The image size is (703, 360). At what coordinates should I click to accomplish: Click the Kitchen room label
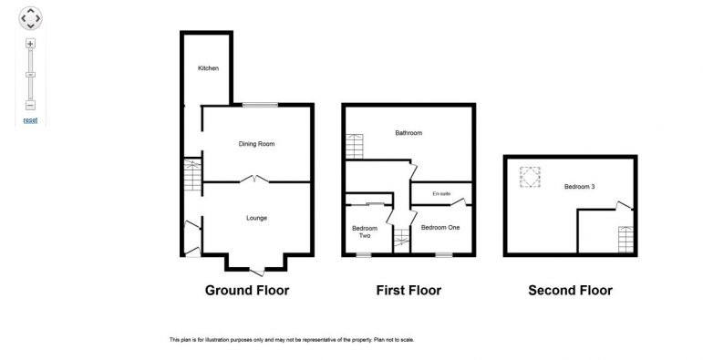pyautogui.click(x=209, y=68)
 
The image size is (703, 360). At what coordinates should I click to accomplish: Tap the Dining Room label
pyautogui.click(x=256, y=144)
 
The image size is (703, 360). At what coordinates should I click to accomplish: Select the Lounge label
pyautogui.click(x=256, y=218)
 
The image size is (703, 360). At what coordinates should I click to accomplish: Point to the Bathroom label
pyautogui.click(x=408, y=133)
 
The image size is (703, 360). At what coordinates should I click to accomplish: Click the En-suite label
pyautogui.click(x=441, y=194)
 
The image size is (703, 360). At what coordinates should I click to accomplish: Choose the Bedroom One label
pyautogui.click(x=440, y=227)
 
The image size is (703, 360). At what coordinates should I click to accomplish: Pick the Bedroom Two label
pyautogui.click(x=365, y=231)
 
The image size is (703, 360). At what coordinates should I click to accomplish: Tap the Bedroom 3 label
pyautogui.click(x=579, y=187)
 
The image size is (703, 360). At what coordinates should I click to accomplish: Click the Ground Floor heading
pyautogui.click(x=247, y=291)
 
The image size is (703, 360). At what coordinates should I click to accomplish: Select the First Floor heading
pyautogui.click(x=408, y=291)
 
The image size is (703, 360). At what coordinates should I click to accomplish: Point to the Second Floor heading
pyautogui.click(x=570, y=291)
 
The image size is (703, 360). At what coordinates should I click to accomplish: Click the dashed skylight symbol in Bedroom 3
pyautogui.click(x=530, y=177)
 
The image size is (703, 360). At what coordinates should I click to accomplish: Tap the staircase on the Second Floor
pyautogui.click(x=625, y=240)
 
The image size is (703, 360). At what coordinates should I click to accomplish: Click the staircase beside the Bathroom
pyautogui.click(x=354, y=146)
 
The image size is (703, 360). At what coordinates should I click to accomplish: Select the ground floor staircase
pyautogui.click(x=192, y=175)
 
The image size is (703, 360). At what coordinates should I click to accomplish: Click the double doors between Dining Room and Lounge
pyautogui.click(x=254, y=179)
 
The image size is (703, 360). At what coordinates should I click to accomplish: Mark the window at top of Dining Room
pyautogui.click(x=260, y=105)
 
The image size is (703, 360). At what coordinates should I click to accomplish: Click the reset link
pyautogui.click(x=30, y=120)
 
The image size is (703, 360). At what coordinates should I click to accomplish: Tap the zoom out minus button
pyautogui.click(x=30, y=106)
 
